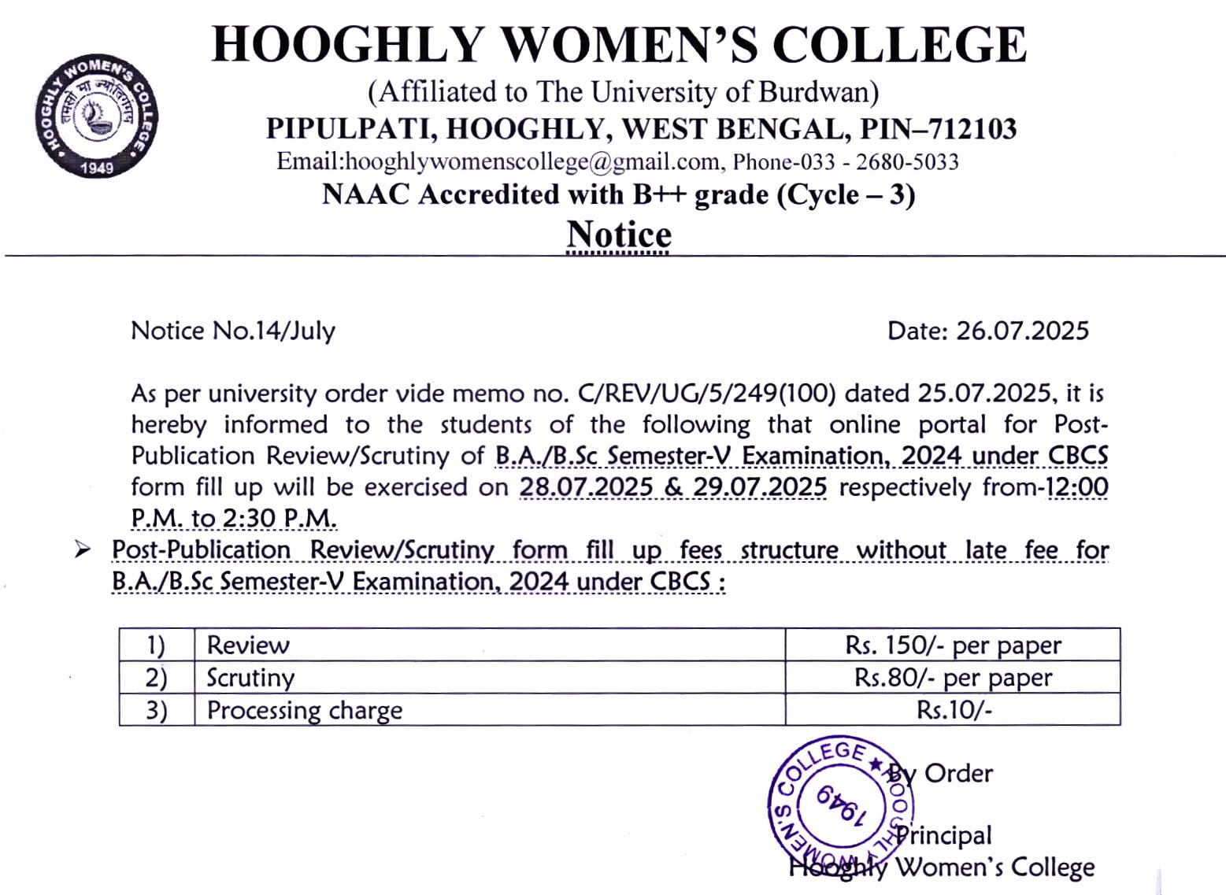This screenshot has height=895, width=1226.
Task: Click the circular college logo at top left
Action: [96, 116]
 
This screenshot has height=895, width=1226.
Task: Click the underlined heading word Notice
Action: [619, 235]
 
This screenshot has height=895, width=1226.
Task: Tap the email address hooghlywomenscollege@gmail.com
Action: [532, 162]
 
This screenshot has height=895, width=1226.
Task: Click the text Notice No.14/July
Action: [233, 331]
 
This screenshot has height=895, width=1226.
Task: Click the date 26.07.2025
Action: [1022, 331]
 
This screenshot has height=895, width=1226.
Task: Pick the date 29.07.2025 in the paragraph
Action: [760, 487]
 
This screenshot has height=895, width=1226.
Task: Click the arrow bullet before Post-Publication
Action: [83, 549]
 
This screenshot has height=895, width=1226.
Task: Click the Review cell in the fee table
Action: [248, 645]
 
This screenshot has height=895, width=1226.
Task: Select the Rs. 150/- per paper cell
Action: [953, 645]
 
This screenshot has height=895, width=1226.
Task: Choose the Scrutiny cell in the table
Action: [250, 678]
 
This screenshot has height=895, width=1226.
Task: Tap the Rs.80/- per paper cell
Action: [953, 678]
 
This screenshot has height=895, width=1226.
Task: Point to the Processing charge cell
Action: [305, 710]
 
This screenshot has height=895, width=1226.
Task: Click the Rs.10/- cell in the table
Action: [954, 710]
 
